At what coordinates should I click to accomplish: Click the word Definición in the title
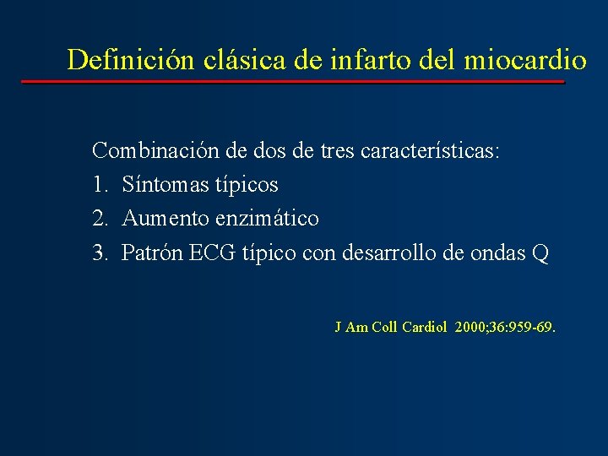[x=131, y=59]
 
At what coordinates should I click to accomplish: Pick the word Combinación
[x=155, y=151]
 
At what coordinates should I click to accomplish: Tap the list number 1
[x=98, y=184]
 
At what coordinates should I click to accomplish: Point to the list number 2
[x=99, y=219]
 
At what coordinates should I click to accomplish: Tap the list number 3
[x=99, y=253]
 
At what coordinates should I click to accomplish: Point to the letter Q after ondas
[x=540, y=253]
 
